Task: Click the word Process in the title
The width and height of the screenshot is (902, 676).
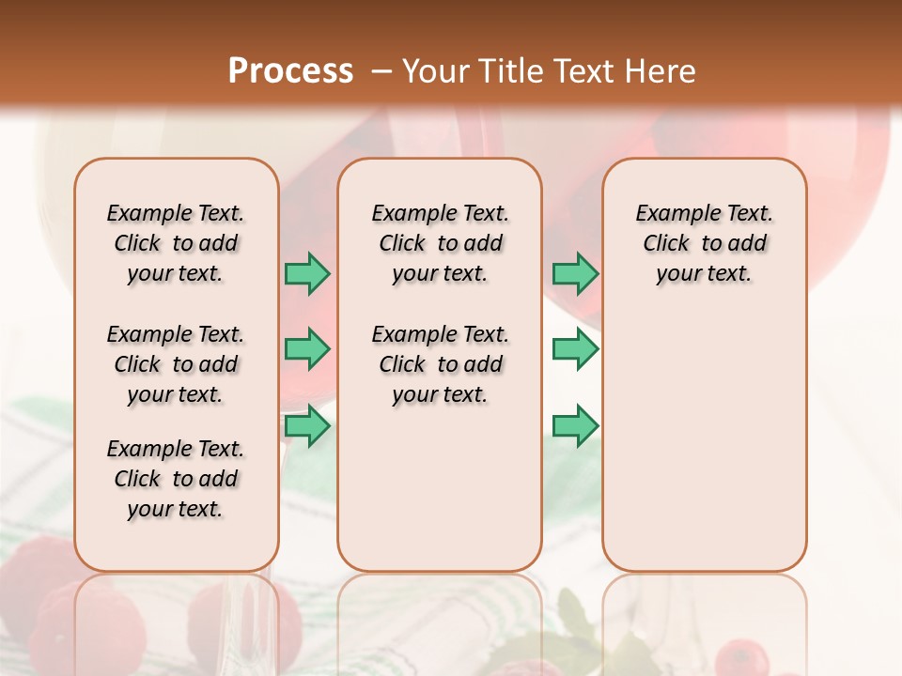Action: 290,71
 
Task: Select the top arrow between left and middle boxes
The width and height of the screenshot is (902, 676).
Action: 307,273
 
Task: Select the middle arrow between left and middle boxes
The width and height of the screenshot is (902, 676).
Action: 307,349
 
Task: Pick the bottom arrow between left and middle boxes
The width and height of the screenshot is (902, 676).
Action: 307,426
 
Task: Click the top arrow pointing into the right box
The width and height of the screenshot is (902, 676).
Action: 575,273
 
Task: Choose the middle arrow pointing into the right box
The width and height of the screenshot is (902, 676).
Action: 575,349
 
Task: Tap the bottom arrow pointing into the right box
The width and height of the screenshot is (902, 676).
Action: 575,426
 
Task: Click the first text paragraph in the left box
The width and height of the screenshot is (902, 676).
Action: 176,243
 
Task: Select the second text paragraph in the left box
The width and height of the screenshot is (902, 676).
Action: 176,364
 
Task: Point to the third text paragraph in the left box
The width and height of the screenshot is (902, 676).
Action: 176,479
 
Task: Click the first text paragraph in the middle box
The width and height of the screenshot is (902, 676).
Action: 440,243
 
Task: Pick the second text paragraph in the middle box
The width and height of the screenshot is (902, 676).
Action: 440,364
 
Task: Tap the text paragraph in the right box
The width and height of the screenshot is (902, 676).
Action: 704,243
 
